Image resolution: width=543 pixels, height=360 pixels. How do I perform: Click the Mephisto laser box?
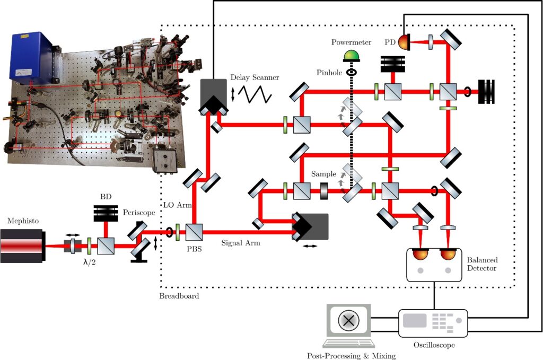23,246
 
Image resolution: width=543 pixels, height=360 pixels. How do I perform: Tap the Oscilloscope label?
433,345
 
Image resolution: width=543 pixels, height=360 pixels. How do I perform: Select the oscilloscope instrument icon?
433,322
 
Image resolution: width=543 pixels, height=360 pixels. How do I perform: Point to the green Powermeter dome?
351,55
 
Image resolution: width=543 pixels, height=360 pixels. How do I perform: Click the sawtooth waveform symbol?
255,94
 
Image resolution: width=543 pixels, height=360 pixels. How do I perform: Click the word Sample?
323,174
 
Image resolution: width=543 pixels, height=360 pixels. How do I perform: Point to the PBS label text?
195,249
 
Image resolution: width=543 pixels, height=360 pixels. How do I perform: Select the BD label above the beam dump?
106,196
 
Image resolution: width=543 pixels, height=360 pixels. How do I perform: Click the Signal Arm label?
240,243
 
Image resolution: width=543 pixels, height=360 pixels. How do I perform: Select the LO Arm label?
175,205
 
